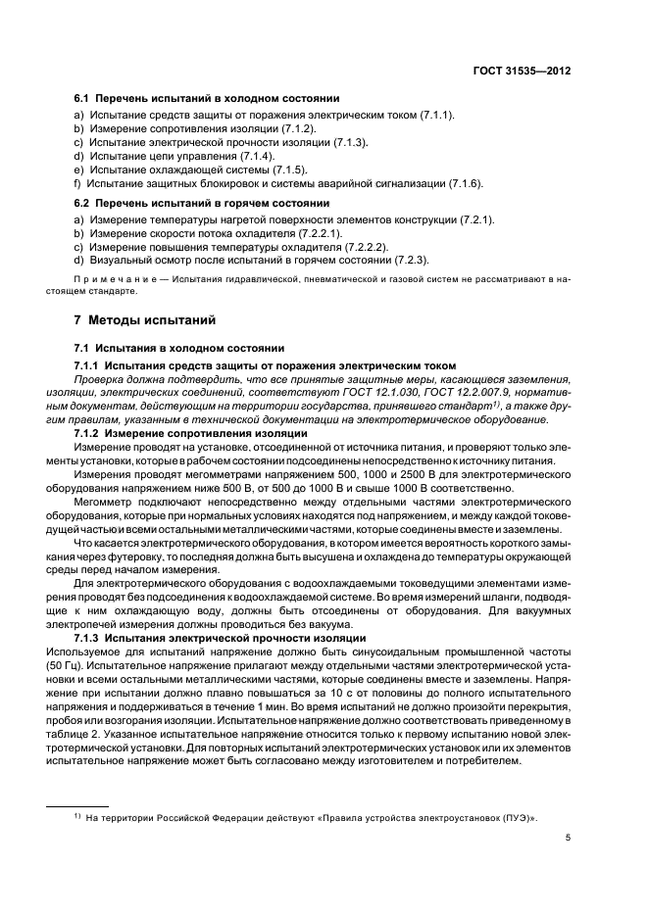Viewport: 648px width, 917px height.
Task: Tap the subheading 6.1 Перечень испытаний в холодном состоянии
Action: [x=208, y=99]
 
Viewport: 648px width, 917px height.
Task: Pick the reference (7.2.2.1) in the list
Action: [x=318, y=233]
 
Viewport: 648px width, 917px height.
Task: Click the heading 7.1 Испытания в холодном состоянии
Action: [x=179, y=348]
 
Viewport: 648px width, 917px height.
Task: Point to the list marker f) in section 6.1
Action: [x=77, y=183]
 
